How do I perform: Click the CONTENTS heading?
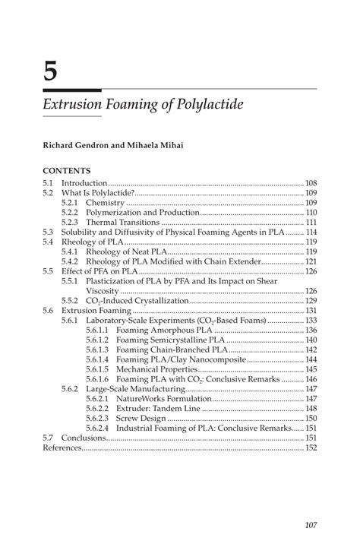point(67,170)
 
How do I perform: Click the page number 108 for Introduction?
point(311,183)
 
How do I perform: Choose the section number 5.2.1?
point(71,203)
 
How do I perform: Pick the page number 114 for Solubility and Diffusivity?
point(311,232)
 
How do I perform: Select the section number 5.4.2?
point(71,261)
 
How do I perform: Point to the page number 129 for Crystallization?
point(311,300)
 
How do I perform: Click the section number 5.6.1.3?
point(97,349)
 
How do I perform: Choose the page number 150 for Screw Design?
point(311,418)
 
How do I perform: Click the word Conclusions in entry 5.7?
point(83,438)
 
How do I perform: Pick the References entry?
point(62,448)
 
